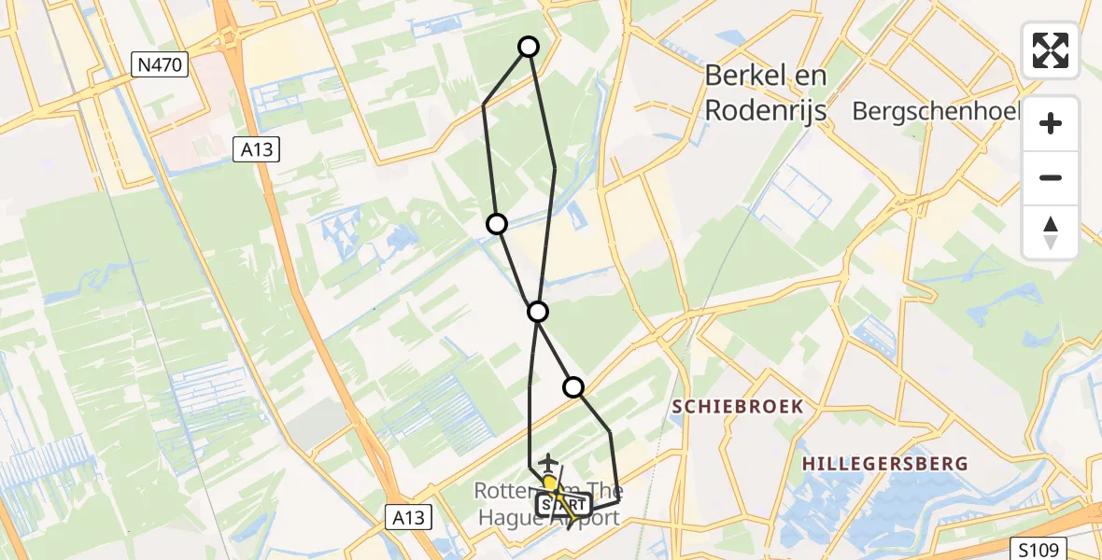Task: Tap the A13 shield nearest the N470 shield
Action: pos(255,148)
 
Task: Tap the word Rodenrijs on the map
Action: pos(766,110)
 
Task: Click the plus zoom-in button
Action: pos(1051,123)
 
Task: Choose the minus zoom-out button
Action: pos(1051,177)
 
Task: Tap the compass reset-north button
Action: pos(1051,231)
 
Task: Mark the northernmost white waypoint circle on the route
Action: pos(529,47)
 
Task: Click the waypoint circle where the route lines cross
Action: pos(537,312)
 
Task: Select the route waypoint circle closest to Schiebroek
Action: pos(573,386)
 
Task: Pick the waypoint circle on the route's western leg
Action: pos(497,224)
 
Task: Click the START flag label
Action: pos(563,506)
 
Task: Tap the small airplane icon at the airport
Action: pos(547,462)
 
